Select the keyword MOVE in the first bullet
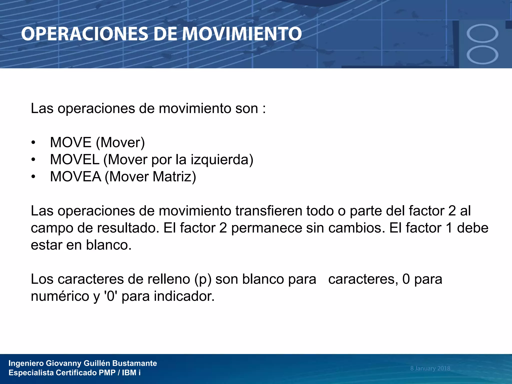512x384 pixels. pos(71,142)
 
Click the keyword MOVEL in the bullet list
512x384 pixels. pos(74,159)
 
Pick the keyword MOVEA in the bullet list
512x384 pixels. pos(75,176)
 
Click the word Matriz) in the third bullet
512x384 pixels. pos(174,176)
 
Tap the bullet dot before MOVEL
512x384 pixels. pos(33,160)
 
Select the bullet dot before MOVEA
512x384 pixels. pos(33,177)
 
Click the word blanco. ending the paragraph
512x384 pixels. pos(109,245)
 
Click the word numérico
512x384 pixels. pos(60,296)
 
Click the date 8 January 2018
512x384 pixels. pos(430,368)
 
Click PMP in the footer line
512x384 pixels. pos(107,373)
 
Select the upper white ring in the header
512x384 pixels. pos(482,33)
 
